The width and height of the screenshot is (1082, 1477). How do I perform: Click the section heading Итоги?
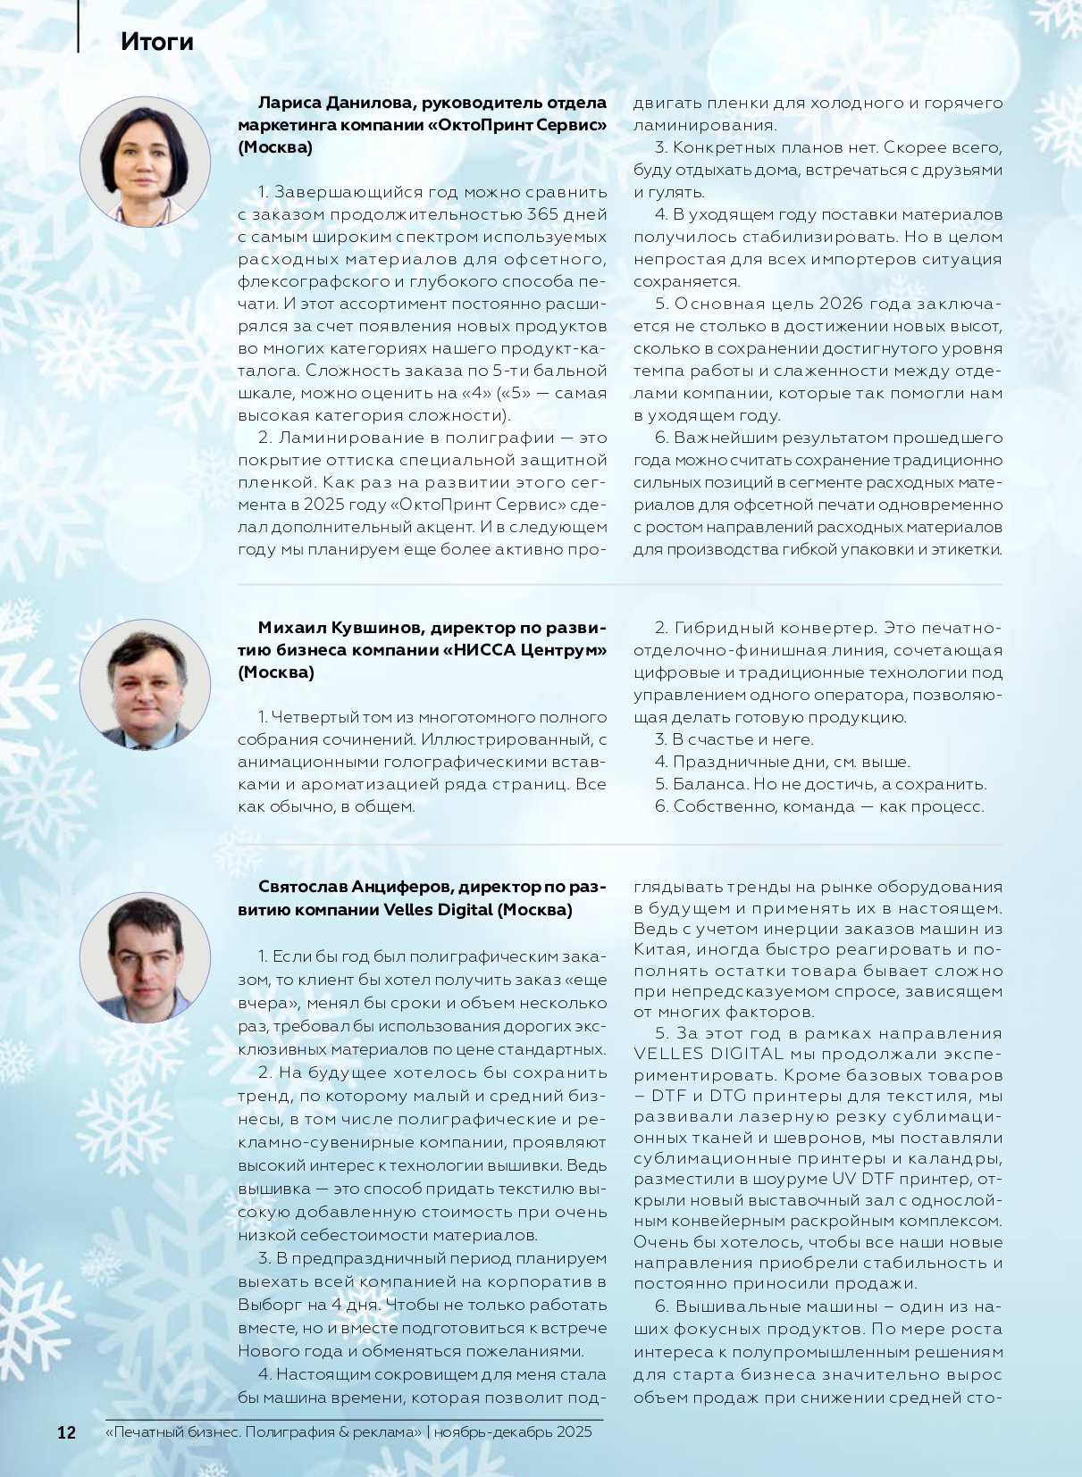click(x=157, y=42)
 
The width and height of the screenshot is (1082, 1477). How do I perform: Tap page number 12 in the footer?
click(x=66, y=1432)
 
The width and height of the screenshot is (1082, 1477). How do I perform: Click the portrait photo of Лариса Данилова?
click(x=145, y=162)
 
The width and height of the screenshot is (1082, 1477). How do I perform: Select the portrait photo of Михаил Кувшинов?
click(x=145, y=685)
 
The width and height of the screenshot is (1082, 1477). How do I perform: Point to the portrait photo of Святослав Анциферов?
click(x=145, y=958)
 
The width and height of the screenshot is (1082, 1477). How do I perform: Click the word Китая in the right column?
click(x=661, y=950)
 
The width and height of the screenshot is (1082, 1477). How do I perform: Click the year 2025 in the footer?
click(x=574, y=1432)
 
